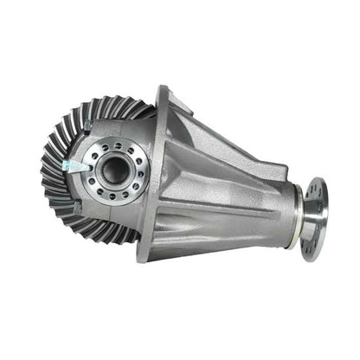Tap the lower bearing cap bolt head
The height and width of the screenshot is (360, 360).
point(78,208)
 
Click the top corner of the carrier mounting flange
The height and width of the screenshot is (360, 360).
point(163,90)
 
